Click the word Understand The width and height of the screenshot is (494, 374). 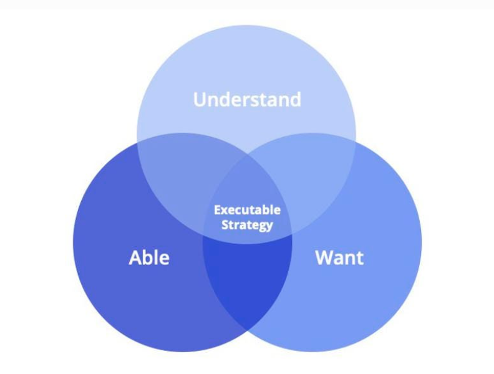tap(247, 99)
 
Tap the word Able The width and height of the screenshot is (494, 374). tap(149, 257)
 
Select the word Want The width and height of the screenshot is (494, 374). tap(339, 257)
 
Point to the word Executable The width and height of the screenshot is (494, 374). tap(247, 210)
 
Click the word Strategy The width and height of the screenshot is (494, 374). tap(247, 225)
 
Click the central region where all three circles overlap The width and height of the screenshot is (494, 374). tap(248, 201)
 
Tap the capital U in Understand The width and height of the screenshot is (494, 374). tap(200, 100)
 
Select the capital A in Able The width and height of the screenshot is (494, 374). tap(135, 258)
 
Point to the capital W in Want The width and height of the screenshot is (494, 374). tap(325, 258)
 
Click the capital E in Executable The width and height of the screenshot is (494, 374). tap(218, 210)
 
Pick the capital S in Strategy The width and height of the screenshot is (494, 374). tap(225, 225)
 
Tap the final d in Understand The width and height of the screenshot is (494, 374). tap(296, 100)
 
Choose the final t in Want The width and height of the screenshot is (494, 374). tap(360, 259)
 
